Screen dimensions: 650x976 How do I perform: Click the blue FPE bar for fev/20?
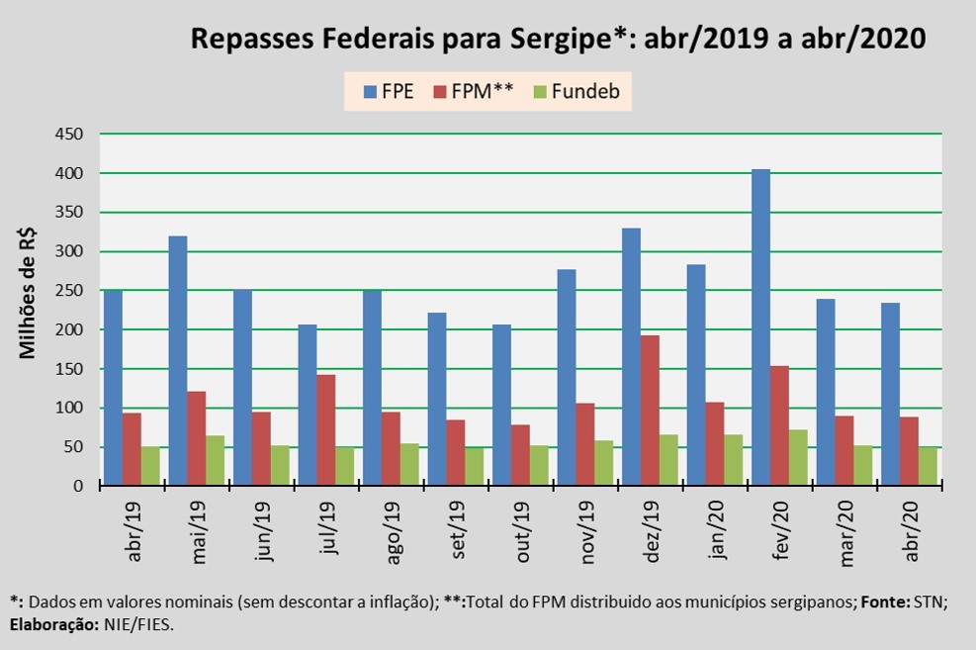click(x=760, y=327)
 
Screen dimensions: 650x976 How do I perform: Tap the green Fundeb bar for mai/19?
click(x=216, y=461)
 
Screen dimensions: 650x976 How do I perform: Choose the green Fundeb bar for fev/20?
click(x=798, y=458)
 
